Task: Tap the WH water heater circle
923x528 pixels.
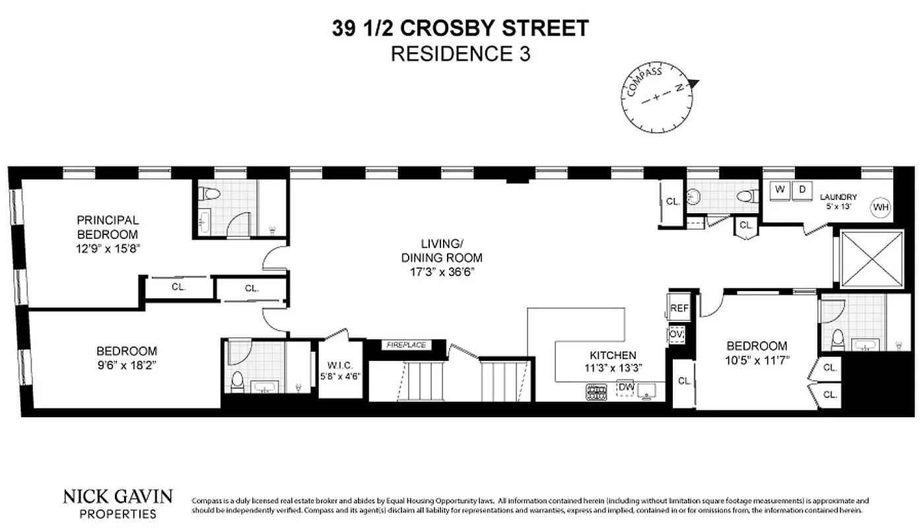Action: pos(881,207)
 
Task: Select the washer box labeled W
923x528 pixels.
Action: pos(780,189)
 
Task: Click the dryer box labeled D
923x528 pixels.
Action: pos(803,189)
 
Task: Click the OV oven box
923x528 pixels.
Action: pos(676,334)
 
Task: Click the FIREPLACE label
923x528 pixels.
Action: pos(406,345)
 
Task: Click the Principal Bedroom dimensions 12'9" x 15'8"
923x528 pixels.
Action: pos(108,249)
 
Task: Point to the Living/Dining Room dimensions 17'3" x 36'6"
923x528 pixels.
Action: pos(442,271)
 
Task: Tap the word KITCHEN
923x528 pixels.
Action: pos(613,355)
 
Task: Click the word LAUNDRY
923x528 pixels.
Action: pos(838,197)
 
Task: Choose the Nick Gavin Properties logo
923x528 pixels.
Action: pos(118,502)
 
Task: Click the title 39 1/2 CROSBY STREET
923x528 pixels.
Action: pos(460,28)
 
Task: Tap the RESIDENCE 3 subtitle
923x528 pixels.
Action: pos(460,54)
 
